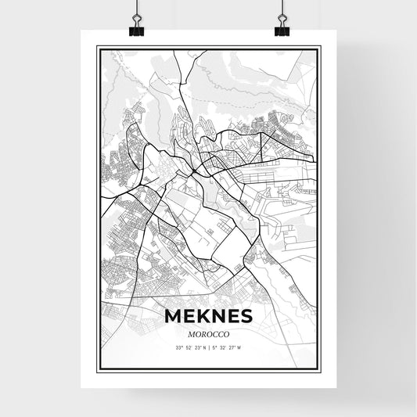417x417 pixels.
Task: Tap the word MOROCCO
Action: point(209,333)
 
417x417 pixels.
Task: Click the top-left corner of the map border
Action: point(97,48)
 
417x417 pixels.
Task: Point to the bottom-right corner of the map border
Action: point(322,367)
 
